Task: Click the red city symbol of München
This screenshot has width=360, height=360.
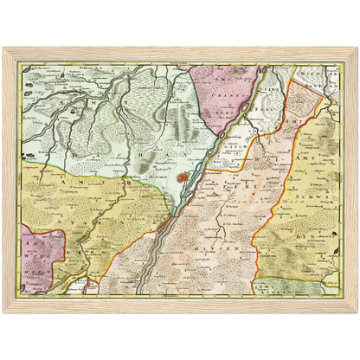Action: click(x=183, y=180)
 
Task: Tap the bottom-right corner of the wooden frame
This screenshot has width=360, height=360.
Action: click(x=357, y=312)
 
